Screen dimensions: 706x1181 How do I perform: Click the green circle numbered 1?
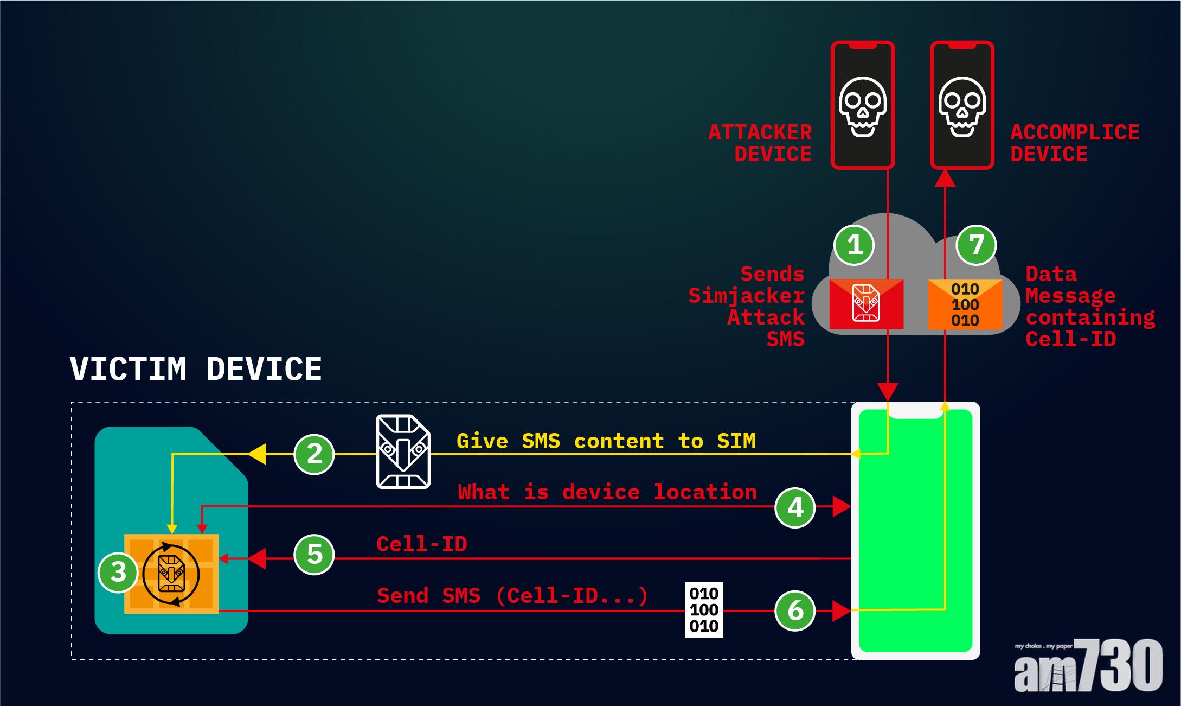[x=854, y=245]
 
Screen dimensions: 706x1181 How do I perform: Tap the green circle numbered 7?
[x=976, y=245]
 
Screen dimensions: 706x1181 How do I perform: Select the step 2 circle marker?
[x=314, y=454]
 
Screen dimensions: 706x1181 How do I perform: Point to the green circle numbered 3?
[x=118, y=572]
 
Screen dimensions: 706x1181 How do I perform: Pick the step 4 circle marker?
[x=795, y=507]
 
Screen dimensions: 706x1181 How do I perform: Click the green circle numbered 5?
[x=314, y=555]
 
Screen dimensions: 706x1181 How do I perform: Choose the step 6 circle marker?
[x=795, y=610]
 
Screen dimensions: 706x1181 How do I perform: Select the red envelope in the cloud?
[x=866, y=304]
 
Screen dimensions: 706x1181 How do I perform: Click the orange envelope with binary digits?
[x=965, y=304]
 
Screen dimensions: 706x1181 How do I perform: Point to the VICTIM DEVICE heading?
[x=196, y=369]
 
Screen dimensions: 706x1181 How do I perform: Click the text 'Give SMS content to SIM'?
[x=606, y=441]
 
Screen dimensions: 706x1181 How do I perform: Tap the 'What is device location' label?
[x=607, y=492]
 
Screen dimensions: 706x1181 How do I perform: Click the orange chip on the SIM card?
[x=171, y=574]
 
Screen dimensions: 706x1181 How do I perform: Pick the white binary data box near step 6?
[x=704, y=610]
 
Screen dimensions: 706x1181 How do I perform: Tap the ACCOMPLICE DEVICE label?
[x=1074, y=143]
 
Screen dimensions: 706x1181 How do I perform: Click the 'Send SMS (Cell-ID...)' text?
[x=512, y=596]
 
